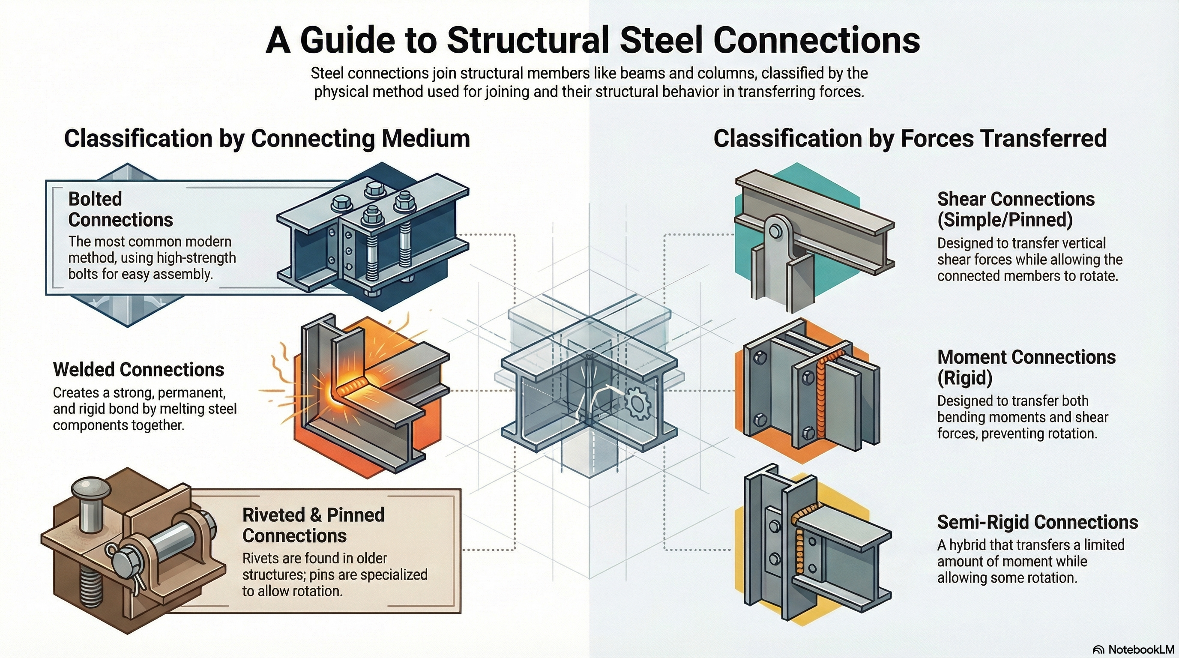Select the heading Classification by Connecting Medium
(267, 138)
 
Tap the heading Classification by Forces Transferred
(910, 138)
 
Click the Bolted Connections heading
(120, 209)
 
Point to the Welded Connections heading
(138, 370)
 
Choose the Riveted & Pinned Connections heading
(313, 525)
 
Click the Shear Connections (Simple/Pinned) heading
(1015, 209)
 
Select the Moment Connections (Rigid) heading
(1026, 368)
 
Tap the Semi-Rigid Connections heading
(1037, 522)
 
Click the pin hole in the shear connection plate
(775, 231)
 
